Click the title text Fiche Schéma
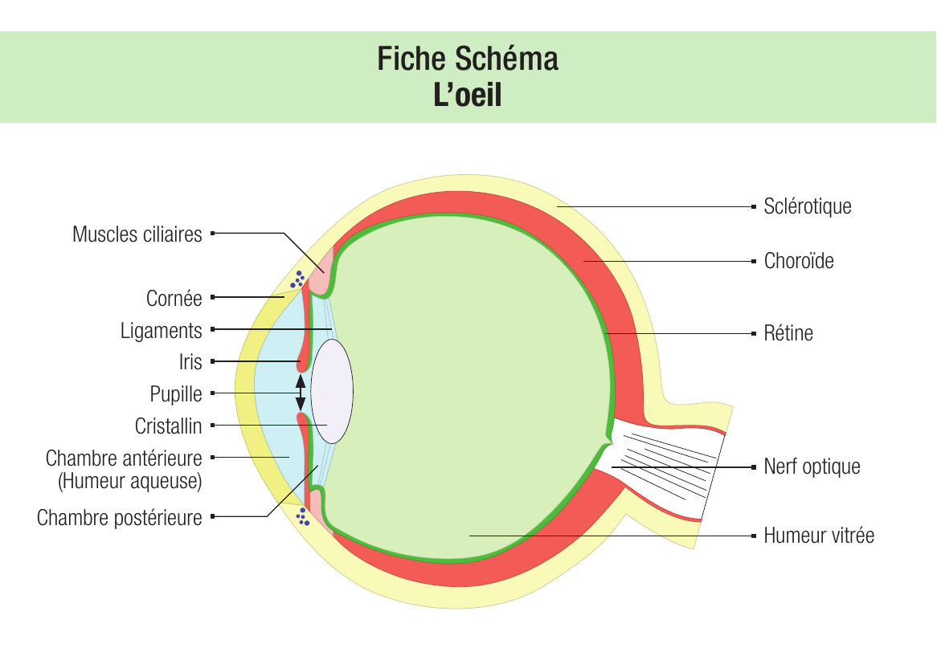(x=468, y=59)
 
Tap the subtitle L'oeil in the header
(x=468, y=95)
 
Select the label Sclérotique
(x=808, y=206)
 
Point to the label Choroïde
(x=799, y=261)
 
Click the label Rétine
(x=788, y=333)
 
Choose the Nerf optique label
(x=812, y=466)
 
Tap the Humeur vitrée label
(x=819, y=535)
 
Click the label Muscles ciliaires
(x=137, y=234)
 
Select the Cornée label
(x=174, y=298)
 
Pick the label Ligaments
(x=162, y=330)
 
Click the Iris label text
(x=190, y=362)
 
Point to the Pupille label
(x=176, y=394)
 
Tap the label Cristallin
(x=168, y=426)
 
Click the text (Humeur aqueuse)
(x=129, y=481)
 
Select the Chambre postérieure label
(x=120, y=518)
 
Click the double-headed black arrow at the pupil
(x=301, y=393)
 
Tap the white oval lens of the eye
(x=332, y=391)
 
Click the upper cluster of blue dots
(x=297, y=279)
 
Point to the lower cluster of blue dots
(x=303, y=517)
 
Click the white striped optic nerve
(x=663, y=462)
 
